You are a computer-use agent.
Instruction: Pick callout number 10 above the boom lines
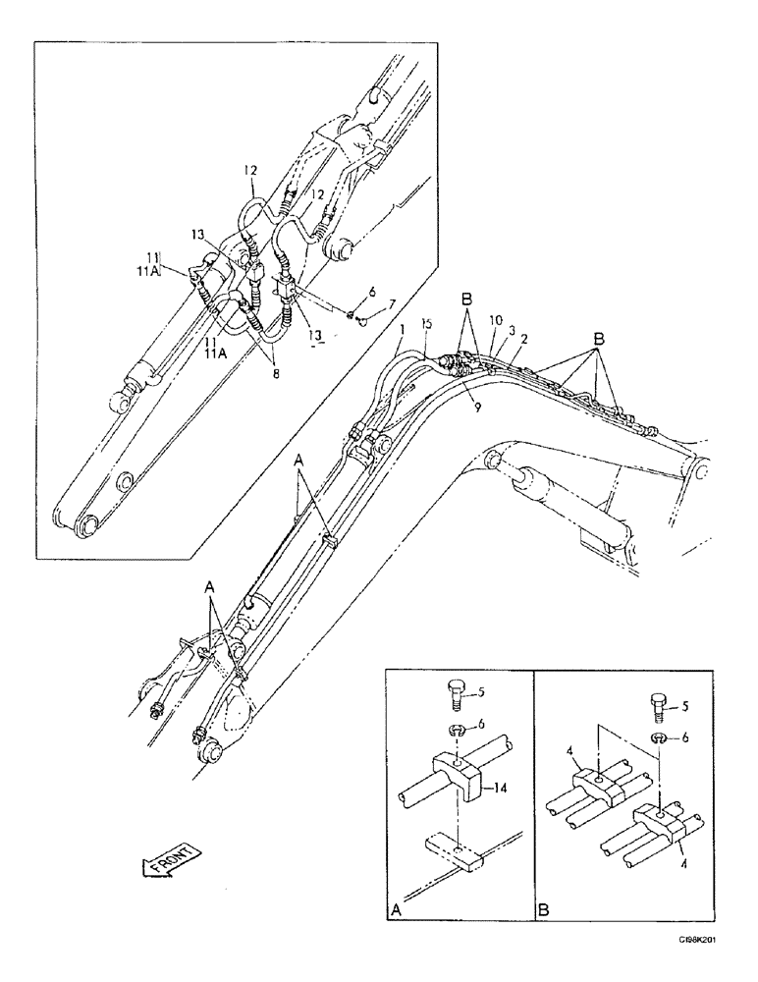pos(498,320)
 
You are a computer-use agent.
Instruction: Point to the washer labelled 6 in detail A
pos(458,728)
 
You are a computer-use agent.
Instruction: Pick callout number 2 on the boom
pos(525,339)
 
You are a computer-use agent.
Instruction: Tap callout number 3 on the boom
pos(512,330)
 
